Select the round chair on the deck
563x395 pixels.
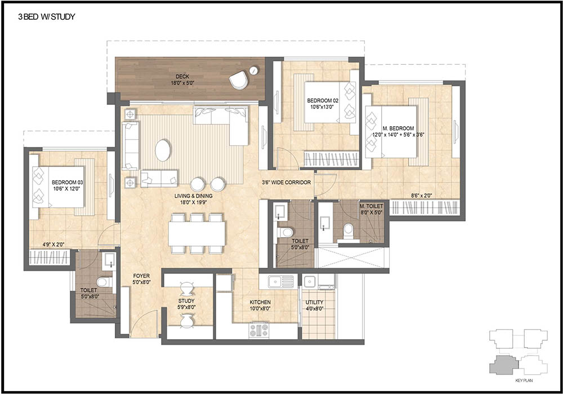[239, 80]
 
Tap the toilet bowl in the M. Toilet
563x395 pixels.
[348, 229]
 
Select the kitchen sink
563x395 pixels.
[278, 280]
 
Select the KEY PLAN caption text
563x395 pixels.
[523, 381]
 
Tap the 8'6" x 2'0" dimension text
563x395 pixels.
[421, 195]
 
